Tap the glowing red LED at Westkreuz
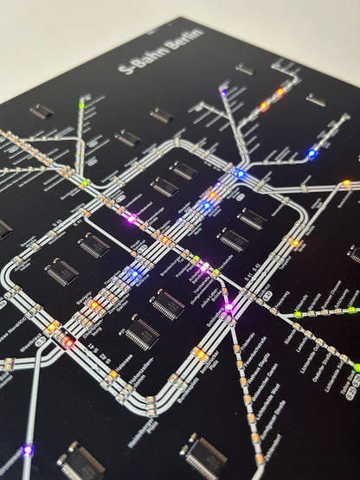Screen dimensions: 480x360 click(67, 342)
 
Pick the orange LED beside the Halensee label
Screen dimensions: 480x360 click(113, 374)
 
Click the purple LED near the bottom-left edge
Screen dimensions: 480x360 click(27, 449)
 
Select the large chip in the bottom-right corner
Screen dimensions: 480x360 click(205, 458)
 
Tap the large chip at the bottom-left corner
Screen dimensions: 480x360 click(81, 462)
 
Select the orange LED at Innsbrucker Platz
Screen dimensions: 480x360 click(201, 355)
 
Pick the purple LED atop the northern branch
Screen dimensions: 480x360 click(223, 91)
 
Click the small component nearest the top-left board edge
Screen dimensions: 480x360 click(41, 111)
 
